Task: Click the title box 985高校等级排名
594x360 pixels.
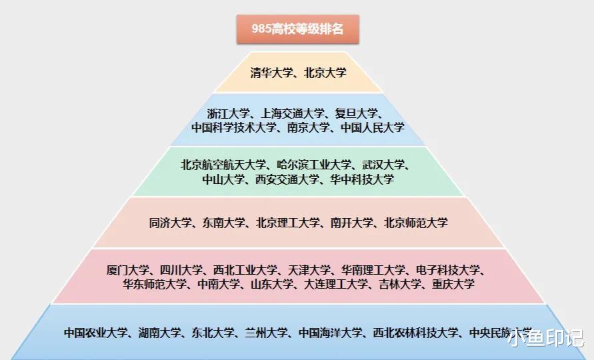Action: point(297,29)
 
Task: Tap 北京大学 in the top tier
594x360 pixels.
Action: point(325,73)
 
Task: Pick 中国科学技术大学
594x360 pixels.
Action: point(233,127)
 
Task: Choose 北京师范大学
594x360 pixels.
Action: point(416,223)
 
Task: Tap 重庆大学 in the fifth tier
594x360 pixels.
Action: point(453,284)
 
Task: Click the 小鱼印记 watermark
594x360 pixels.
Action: point(545,339)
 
